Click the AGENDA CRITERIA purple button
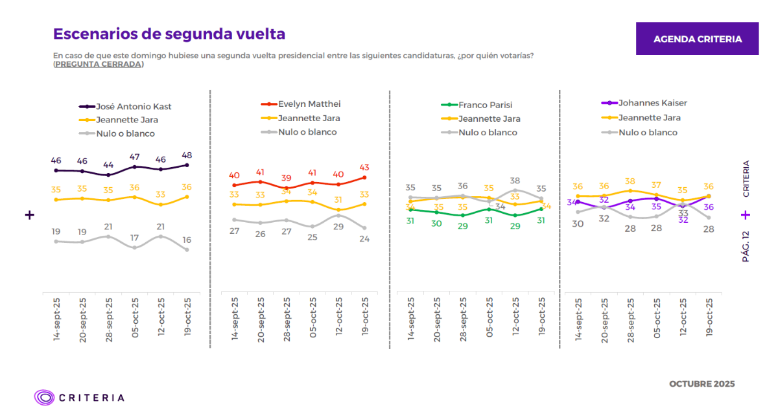[x=697, y=39]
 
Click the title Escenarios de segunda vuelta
[x=169, y=34]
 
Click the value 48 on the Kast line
[x=187, y=155]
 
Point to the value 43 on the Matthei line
[x=364, y=168]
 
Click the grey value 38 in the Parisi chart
[x=515, y=181]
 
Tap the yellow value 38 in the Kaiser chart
[x=630, y=181]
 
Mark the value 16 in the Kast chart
[x=187, y=240]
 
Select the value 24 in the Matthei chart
[x=364, y=238]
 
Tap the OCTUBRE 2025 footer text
[x=701, y=384]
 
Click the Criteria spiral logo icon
[x=45, y=397]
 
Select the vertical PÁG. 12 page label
[x=746, y=246]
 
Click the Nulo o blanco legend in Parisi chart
[x=488, y=132]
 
